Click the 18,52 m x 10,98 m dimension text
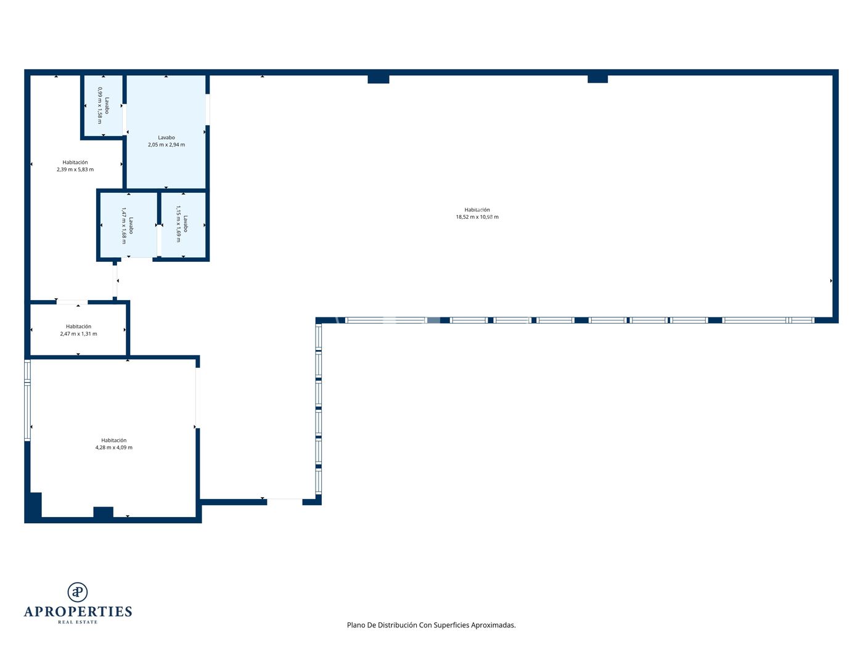(x=477, y=217)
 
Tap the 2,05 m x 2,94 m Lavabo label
(x=166, y=141)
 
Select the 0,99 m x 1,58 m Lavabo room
(x=104, y=105)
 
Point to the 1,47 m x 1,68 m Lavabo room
(x=129, y=225)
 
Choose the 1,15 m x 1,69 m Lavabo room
(x=184, y=225)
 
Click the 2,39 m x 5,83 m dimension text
(x=75, y=169)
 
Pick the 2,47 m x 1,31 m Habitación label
(x=79, y=330)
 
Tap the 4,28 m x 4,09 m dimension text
(x=113, y=447)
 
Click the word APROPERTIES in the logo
(x=78, y=612)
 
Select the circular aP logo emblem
(x=78, y=592)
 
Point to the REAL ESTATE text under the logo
(x=78, y=622)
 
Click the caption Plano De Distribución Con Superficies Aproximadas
(x=431, y=625)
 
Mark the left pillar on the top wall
(x=378, y=79)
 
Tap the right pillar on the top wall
(x=597, y=79)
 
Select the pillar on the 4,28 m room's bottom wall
(x=104, y=512)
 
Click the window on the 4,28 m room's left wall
(x=27, y=400)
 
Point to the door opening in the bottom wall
(x=285, y=502)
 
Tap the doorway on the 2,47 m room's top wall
(x=72, y=302)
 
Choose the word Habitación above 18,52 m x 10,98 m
(x=477, y=210)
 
